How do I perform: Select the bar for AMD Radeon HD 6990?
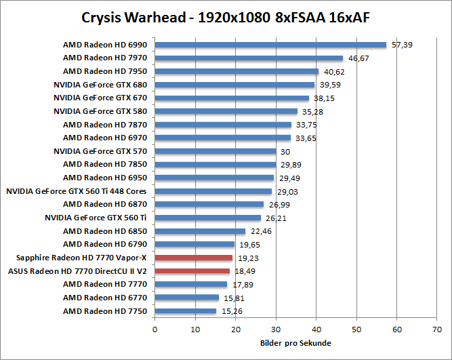point(270,45)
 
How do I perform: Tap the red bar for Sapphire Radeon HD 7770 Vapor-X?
point(193,258)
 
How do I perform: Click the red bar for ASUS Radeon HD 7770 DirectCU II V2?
point(192,271)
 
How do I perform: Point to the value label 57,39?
point(404,45)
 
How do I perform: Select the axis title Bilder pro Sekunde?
point(295,343)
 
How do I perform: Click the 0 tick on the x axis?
point(155,329)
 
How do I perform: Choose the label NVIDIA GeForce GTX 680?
point(100,85)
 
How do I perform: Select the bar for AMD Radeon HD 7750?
point(186,311)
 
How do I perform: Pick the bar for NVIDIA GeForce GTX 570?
point(215,151)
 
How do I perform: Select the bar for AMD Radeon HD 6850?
point(200,231)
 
